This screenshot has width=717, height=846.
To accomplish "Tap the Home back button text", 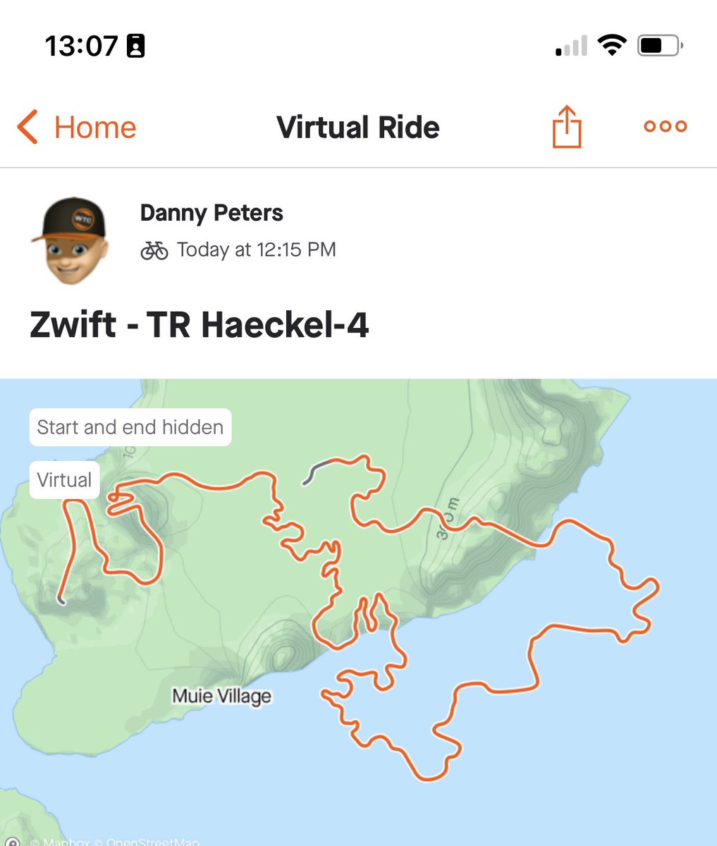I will click(95, 128).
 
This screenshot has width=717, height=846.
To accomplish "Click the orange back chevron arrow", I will click(27, 128).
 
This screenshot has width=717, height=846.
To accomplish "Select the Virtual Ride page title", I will click(358, 128).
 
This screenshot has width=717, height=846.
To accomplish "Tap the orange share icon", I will click(567, 127).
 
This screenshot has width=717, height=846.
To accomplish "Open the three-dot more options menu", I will click(665, 126).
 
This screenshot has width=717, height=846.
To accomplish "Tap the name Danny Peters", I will click(212, 213).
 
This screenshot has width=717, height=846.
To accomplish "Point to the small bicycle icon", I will click(154, 250).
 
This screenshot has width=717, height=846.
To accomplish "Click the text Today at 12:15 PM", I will click(256, 250).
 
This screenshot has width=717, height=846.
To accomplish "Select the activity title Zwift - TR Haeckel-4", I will click(199, 326).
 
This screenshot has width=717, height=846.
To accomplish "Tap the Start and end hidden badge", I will click(130, 427).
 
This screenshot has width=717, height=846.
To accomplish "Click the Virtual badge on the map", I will click(64, 480).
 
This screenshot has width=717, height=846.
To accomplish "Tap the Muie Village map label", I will click(221, 697).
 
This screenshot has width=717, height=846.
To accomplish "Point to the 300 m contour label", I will click(447, 519).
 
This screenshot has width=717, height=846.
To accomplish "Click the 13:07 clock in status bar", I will click(81, 47).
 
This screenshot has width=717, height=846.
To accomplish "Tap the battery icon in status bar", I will click(659, 47).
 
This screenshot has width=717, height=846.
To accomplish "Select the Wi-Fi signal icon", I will click(612, 46).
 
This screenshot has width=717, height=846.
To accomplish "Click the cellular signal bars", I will click(571, 47).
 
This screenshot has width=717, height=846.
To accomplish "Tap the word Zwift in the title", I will click(73, 326).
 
